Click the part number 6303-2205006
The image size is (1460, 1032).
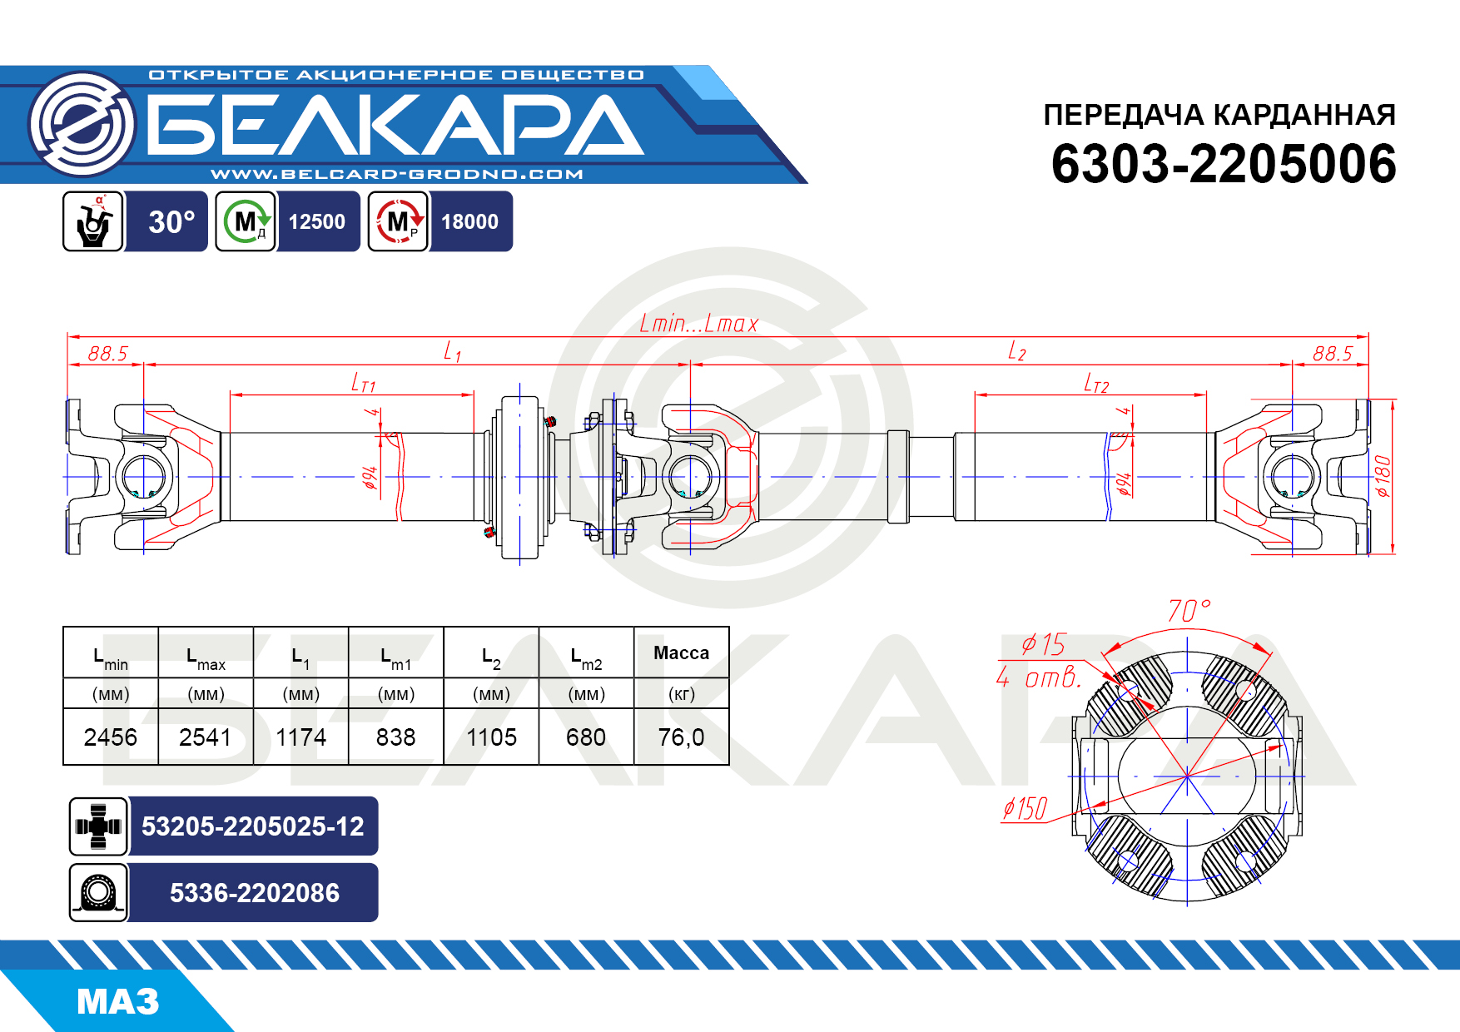pyautogui.click(x=1224, y=164)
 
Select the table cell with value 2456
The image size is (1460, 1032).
pyautogui.click(x=111, y=737)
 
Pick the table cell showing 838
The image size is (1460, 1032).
pyautogui.click(x=395, y=737)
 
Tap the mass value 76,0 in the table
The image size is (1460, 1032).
pyautogui.click(x=681, y=737)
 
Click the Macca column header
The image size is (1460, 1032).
pyautogui.click(x=681, y=652)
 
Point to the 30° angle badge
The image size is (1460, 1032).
pyautogui.click(x=171, y=222)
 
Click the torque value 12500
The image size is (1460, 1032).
pyautogui.click(x=317, y=222)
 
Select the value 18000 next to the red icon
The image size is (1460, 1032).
pyautogui.click(x=469, y=222)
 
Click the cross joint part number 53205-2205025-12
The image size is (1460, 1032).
pyautogui.click(x=253, y=826)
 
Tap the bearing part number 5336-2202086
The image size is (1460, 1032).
pyautogui.click(x=254, y=893)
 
